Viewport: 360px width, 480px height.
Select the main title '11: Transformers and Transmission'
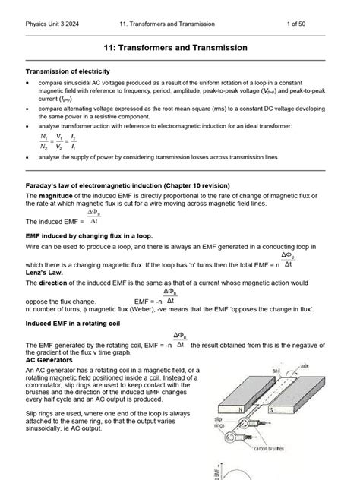point(179,47)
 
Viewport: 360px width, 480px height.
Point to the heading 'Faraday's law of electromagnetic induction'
point(133,185)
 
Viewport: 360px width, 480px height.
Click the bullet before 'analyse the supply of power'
point(28,157)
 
